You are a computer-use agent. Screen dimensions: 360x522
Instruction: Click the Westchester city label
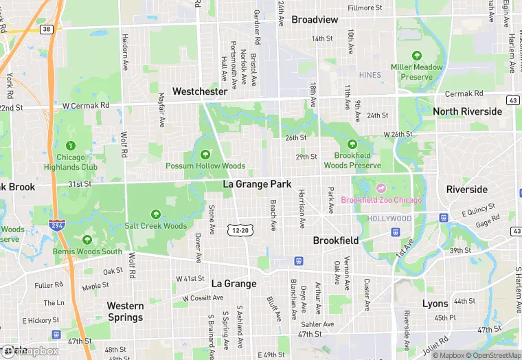pyautogui.click(x=199, y=91)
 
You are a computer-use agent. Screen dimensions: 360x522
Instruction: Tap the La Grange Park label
pyautogui.click(x=258, y=184)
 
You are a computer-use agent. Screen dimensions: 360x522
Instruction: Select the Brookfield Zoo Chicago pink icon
pyautogui.click(x=381, y=188)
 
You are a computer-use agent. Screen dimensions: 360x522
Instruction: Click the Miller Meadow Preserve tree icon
pyautogui.click(x=416, y=56)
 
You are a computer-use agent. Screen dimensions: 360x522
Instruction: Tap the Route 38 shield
pyautogui.click(x=46, y=30)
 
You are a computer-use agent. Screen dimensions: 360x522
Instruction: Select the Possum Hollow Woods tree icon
pyautogui.click(x=205, y=154)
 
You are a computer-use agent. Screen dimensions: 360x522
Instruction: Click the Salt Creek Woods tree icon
pyautogui.click(x=155, y=214)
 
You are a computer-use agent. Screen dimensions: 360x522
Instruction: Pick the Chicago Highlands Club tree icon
pyautogui.click(x=71, y=146)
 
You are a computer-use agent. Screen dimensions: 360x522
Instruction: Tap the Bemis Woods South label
pyautogui.click(x=87, y=251)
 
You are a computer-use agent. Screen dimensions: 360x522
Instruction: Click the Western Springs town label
pyautogui.click(x=125, y=311)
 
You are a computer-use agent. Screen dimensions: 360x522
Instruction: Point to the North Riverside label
pyautogui.click(x=467, y=111)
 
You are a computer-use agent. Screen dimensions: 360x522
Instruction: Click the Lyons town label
pyautogui.click(x=435, y=304)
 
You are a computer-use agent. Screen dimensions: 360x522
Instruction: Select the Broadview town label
pyautogui.click(x=315, y=19)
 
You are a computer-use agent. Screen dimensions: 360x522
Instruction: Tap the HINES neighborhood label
pyautogui.click(x=370, y=75)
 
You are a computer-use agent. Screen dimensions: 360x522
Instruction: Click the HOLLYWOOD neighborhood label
pyautogui.click(x=389, y=218)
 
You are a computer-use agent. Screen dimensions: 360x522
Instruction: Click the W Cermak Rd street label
pyautogui.click(x=86, y=106)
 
